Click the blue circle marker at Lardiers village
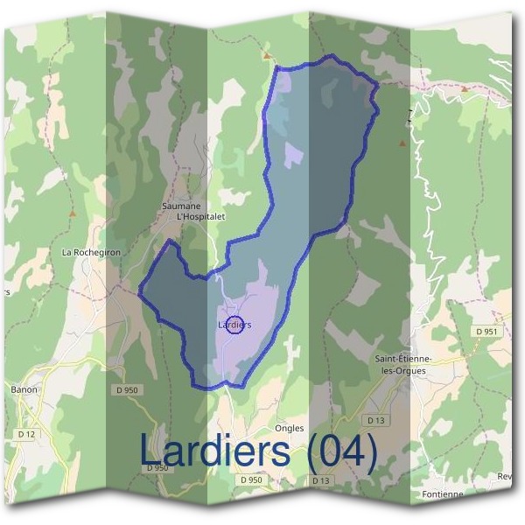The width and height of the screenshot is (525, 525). (x=234, y=325)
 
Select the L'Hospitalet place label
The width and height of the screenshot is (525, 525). (x=200, y=217)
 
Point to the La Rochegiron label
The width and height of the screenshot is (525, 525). (x=91, y=252)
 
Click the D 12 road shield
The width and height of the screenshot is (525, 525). (x=27, y=434)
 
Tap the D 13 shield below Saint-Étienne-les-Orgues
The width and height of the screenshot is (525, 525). (x=376, y=421)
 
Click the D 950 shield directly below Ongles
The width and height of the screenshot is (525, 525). (x=250, y=480)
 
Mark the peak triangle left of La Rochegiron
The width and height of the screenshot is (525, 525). (x=73, y=213)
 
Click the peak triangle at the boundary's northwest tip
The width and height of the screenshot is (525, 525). (x=266, y=55)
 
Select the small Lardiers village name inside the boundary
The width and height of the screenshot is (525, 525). (x=234, y=325)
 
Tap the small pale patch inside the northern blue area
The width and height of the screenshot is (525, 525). (x=292, y=155)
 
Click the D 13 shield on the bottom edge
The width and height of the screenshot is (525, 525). (x=320, y=480)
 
